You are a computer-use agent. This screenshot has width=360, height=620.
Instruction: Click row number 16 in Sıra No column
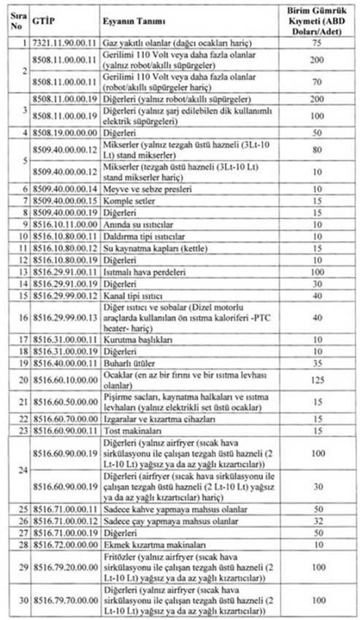[14, 316]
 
